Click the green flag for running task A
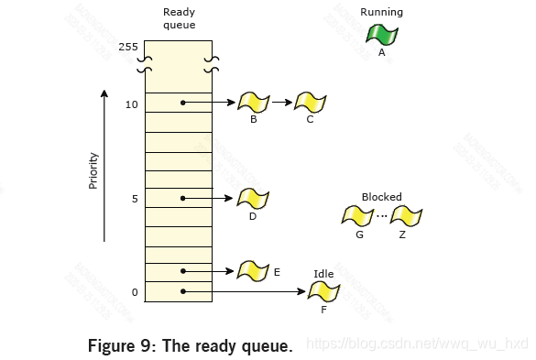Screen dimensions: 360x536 [381, 35]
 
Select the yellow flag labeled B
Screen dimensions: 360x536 [252, 102]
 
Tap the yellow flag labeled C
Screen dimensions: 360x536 [311, 102]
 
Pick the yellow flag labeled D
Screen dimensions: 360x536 [252, 198]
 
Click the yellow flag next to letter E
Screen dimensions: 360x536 [252, 270]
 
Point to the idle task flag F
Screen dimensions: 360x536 [323, 292]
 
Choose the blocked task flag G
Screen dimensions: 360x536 [357, 217]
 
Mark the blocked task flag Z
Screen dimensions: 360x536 [406, 217]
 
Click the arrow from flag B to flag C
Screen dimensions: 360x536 [281, 103]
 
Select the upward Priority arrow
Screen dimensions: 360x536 [104, 165]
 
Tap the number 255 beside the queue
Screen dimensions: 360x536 [127, 46]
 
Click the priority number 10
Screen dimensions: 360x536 [131, 104]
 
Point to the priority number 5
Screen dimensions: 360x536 [134, 198]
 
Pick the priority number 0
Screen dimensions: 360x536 [134, 292]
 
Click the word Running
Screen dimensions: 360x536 [381, 12]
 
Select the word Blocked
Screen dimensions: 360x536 [381, 197]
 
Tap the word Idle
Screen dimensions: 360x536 [323, 273]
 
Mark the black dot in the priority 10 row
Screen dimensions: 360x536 [184, 103]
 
